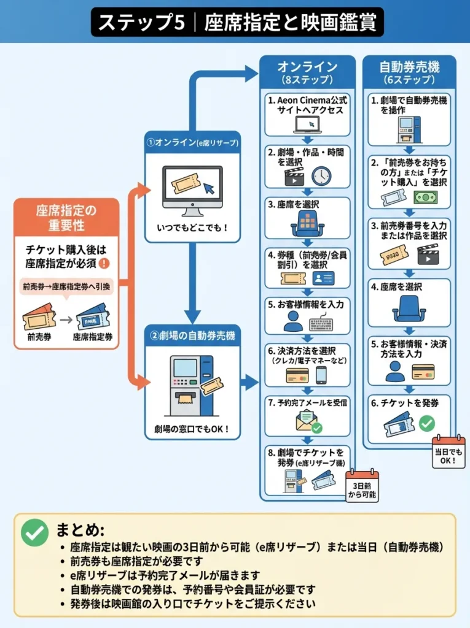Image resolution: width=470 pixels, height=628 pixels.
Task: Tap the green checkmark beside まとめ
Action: (x=34, y=532)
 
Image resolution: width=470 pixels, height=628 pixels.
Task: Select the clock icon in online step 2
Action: (x=321, y=176)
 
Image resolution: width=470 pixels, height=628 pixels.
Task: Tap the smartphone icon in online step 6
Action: (x=321, y=375)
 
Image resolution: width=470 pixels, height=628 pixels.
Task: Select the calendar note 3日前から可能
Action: (x=362, y=486)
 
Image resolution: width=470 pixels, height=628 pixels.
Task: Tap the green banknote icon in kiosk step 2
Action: (x=425, y=197)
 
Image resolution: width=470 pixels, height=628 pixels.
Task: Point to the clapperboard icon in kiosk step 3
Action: (x=428, y=253)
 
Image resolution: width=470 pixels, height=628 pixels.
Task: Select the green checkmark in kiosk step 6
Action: (x=426, y=423)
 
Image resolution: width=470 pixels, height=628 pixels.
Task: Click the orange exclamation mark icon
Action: (x=104, y=263)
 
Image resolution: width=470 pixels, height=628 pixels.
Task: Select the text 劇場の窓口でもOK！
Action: (x=192, y=428)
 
